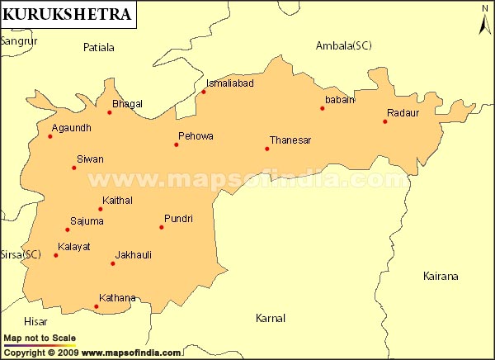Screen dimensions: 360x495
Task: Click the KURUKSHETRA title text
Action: click(x=66, y=14)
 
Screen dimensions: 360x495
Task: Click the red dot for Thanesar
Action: click(x=267, y=149)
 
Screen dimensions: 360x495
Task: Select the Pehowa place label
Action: click(x=196, y=135)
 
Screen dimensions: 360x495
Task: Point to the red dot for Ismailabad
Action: click(x=204, y=92)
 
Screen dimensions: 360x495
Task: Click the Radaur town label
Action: click(x=403, y=114)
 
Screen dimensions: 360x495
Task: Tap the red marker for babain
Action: click(x=323, y=108)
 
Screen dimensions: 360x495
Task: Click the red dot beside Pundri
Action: click(x=162, y=227)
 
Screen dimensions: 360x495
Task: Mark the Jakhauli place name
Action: click(x=134, y=255)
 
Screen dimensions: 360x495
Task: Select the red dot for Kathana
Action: click(x=97, y=307)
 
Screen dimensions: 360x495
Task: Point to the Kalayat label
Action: click(x=74, y=247)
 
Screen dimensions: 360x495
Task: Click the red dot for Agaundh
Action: click(x=50, y=136)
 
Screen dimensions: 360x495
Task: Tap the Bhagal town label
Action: click(x=127, y=104)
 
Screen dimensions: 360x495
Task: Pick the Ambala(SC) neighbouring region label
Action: click(x=344, y=45)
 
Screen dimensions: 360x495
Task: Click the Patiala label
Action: click(x=99, y=48)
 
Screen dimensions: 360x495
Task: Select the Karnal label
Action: click(x=271, y=318)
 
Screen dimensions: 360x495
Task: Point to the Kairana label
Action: click(x=440, y=277)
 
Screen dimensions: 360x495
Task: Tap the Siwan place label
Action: click(x=90, y=159)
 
